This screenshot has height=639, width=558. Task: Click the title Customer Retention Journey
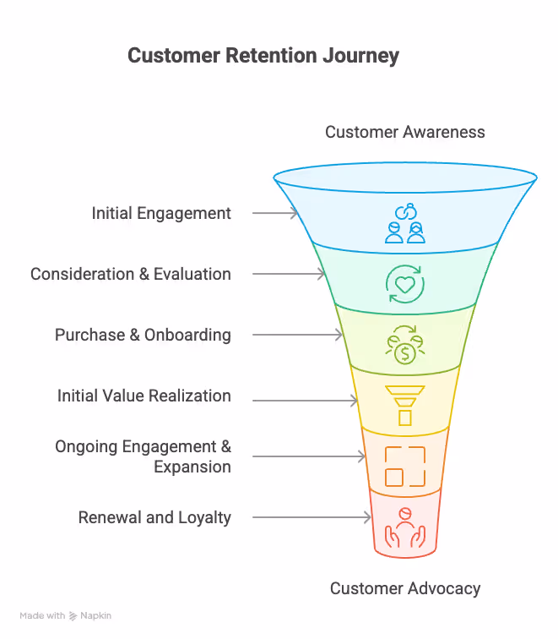263,57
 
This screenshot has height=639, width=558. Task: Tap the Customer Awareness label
405,132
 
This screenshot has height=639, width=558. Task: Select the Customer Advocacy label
405,588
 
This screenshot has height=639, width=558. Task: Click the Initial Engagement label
161,213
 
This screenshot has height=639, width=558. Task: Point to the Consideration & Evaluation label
131,274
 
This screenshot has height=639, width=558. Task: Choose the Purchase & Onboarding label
143,335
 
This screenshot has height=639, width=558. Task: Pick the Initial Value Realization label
144,396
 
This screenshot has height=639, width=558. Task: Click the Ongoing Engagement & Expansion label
144,456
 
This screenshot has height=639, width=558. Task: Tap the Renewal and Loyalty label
154,517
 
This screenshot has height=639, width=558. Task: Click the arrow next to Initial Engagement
275,213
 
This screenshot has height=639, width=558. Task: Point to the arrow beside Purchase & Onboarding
297,335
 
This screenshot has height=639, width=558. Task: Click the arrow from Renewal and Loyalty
312,517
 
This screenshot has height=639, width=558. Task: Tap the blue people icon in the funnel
405,223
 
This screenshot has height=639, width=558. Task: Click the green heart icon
405,284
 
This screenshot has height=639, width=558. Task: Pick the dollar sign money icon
405,345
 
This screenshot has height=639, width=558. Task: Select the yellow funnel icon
405,406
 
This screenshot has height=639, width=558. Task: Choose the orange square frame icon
405,467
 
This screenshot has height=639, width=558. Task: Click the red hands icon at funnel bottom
405,527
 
